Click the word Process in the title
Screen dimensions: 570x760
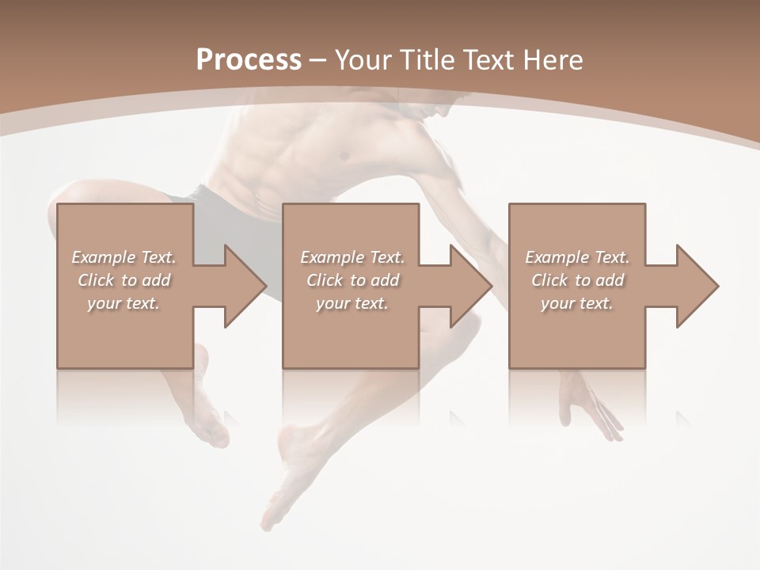tap(249, 59)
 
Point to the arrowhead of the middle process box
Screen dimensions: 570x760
tap(470, 286)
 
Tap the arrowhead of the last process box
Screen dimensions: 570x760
tap(697, 286)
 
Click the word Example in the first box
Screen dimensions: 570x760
tap(103, 257)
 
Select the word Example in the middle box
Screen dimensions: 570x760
tap(331, 257)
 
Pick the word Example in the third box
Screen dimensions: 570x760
tap(557, 257)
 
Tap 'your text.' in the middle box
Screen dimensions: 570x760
tap(351, 303)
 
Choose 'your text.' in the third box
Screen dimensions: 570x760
tap(577, 303)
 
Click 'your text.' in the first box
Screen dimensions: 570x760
tap(123, 303)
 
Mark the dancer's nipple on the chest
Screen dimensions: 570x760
tap(344, 156)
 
